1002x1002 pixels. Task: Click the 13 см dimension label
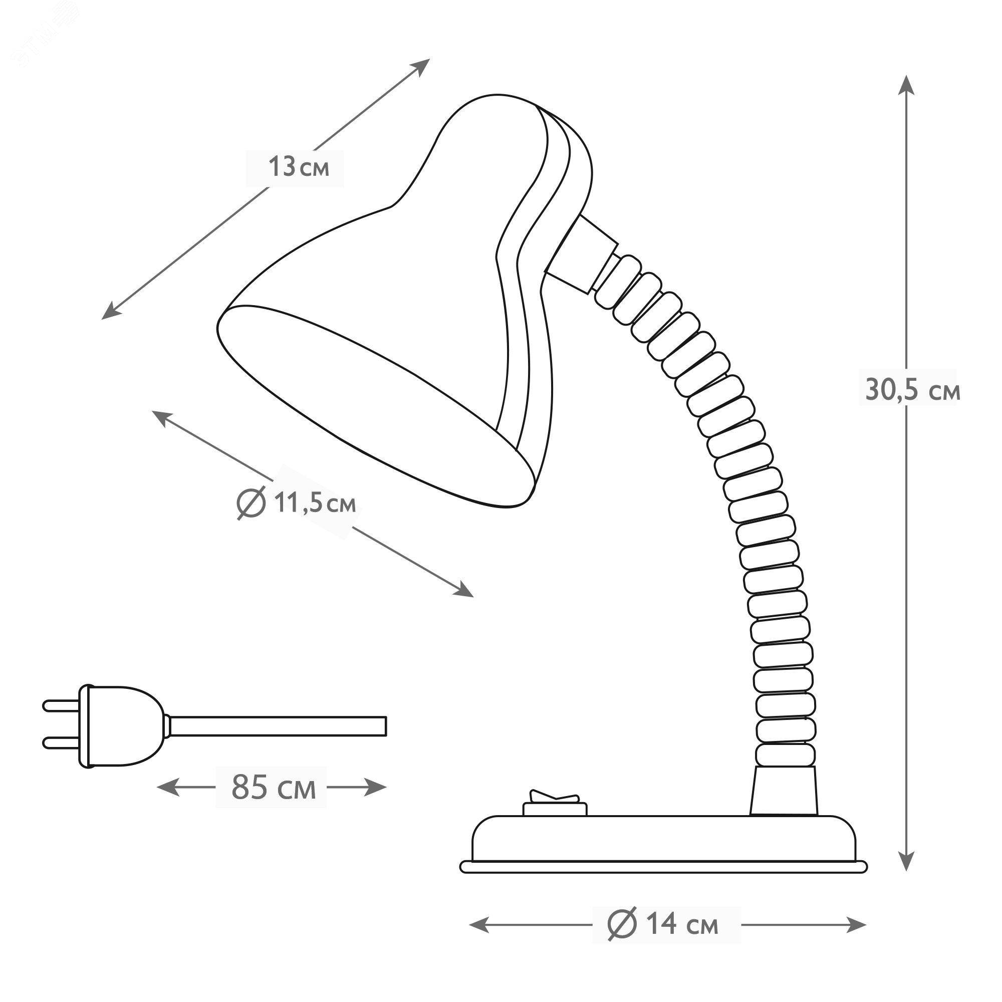(299, 167)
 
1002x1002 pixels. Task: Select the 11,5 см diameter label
(297, 503)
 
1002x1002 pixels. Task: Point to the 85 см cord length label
(274, 787)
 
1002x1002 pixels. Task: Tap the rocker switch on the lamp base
(555, 810)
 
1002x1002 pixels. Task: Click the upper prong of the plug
(61, 705)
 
